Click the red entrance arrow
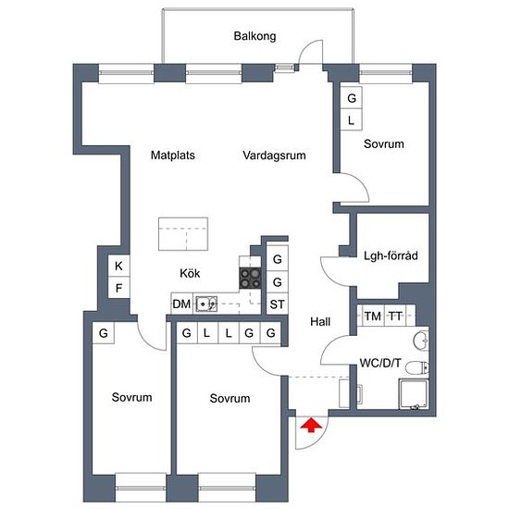coord(311,426)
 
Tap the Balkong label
coord(254,36)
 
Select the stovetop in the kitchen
coord(250,279)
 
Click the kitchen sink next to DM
coord(206,304)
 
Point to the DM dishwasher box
coord(181,304)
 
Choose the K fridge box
coord(118,266)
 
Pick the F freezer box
coord(118,288)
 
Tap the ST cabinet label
coord(278,304)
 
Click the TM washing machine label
coord(373,316)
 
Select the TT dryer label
coord(395,316)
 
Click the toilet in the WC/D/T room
coord(417,367)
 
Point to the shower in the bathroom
coord(414,394)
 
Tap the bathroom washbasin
coord(421,341)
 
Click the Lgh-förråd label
coord(391,255)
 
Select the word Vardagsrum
coord(274,155)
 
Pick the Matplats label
coord(173,155)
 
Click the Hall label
coord(320,322)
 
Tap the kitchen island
coord(183,234)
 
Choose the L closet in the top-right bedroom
coord(351,119)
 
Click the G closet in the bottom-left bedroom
coord(104,333)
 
